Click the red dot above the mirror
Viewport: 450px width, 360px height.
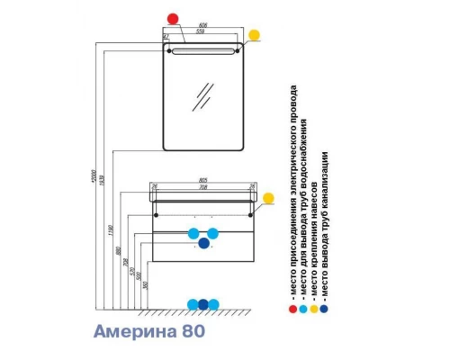(x=174, y=18)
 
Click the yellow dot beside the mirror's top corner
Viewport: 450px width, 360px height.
(x=254, y=37)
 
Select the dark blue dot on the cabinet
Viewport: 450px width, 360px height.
(x=203, y=242)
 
